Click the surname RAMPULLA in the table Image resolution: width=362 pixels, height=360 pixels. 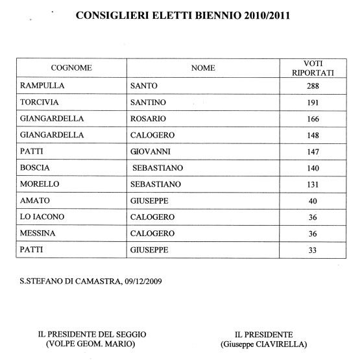[x=40, y=86]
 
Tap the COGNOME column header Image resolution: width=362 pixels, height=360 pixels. [x=71, y=67]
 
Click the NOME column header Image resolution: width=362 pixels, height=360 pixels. [x=203, y=67]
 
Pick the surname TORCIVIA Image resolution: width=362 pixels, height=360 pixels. [x=40, y=103]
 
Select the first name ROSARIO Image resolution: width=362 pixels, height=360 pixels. [x=148, y=119]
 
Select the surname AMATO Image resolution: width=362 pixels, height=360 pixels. [x=34, y=200]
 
